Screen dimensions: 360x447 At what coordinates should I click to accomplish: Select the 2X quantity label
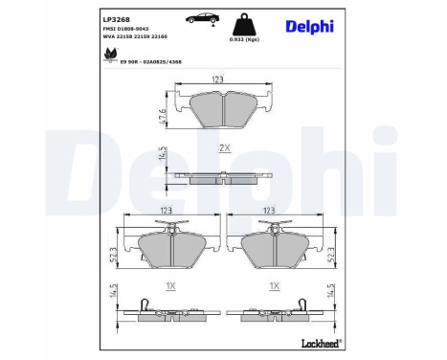tap(225, 148)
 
